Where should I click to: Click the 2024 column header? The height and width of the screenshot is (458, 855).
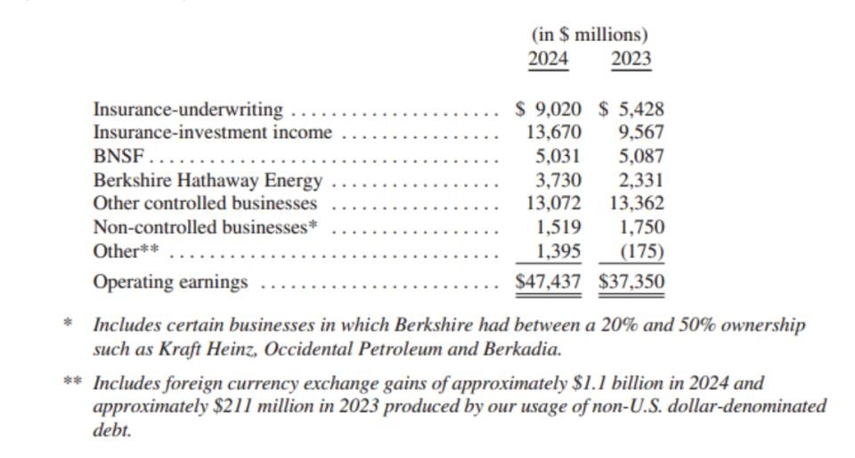(x=548, y=60)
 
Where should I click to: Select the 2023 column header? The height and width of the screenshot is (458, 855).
(x=631, y=60)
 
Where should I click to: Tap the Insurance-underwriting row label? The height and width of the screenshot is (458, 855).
(x=188, y=110)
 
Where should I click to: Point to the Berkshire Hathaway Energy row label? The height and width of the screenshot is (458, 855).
(x=208, y=180)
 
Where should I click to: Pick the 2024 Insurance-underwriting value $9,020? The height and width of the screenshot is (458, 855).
(x=549, y=110)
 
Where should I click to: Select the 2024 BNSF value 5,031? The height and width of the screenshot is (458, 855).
(x=558, y=157)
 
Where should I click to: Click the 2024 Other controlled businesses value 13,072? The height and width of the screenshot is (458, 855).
(x=554, y=203)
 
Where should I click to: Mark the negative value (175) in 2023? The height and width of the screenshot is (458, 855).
(x=642, y=250)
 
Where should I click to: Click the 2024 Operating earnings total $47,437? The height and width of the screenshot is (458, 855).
(x=549, y=282)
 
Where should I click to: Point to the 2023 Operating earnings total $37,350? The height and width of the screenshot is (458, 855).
(x=631, y=282)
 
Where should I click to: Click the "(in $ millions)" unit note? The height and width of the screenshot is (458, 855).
(x=590, y=35)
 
